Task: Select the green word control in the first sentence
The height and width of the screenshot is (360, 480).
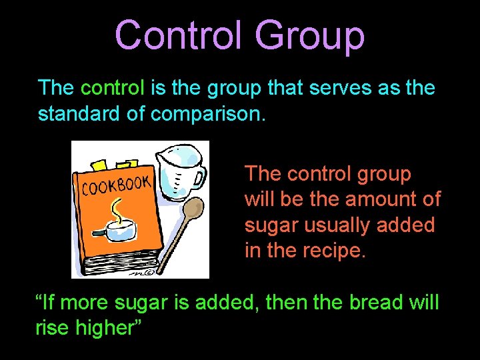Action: click(112, 88)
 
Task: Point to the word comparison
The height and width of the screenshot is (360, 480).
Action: click(208, 115)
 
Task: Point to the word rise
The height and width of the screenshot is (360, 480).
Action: click(51, 329)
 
